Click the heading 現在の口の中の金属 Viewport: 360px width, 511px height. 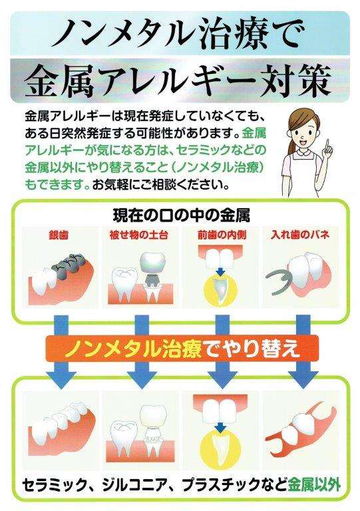(x=179, y=216)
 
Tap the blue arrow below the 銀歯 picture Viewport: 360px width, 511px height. (x=59, y=326)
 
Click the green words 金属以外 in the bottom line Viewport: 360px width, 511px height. (x=313, y=484)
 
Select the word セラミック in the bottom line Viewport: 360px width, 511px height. (x=53, y=484)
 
